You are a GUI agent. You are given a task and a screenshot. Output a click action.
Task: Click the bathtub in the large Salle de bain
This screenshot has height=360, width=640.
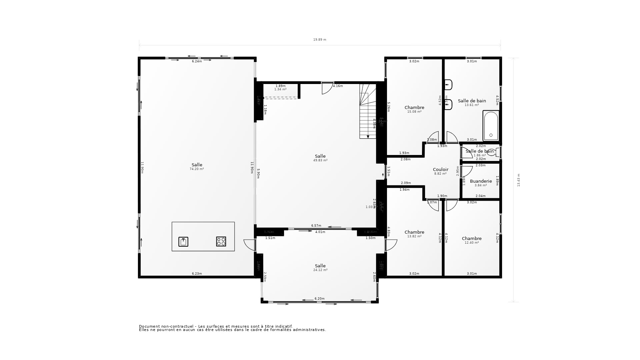click(x=491, y=126)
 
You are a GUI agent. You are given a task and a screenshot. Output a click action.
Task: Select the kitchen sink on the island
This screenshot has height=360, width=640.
click(x=183, y=241)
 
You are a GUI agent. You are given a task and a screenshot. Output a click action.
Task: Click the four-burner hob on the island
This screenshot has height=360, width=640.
click(x=221, y=241)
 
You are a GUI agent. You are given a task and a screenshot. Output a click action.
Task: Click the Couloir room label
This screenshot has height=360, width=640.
click(x=440, y=169)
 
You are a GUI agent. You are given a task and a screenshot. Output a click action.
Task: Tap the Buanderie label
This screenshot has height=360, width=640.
click(x=481, y=181)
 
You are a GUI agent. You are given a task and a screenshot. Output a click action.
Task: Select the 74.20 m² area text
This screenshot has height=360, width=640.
click(x=197, y=169)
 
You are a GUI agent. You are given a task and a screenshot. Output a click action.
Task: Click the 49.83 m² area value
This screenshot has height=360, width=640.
click(x=320, y=160)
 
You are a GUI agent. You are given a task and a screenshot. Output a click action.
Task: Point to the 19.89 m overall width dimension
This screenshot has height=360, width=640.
click(x=319, y=40)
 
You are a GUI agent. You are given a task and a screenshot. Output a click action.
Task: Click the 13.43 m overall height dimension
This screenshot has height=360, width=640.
click(x=518, y=180)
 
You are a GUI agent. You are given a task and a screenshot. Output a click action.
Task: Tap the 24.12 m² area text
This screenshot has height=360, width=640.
click(x=320, y=270)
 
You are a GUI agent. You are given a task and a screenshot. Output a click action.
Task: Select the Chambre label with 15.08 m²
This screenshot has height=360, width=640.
click(x=414, y=107)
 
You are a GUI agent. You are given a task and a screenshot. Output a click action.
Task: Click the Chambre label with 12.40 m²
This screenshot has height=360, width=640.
click(x=472, y=238)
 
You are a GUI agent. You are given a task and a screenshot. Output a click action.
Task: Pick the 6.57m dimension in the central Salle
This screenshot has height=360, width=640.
click(x=316, y=226)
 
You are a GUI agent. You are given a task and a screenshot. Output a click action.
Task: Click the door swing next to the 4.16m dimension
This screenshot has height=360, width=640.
click(x=326, y=89)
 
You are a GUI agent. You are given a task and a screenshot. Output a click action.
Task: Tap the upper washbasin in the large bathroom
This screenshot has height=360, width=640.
click(x=448, y=85)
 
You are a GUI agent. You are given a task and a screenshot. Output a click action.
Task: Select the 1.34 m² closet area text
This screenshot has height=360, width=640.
click(x=280, y=89)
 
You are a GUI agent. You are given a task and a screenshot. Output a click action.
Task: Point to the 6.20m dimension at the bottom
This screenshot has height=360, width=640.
click(x=319, y=299)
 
